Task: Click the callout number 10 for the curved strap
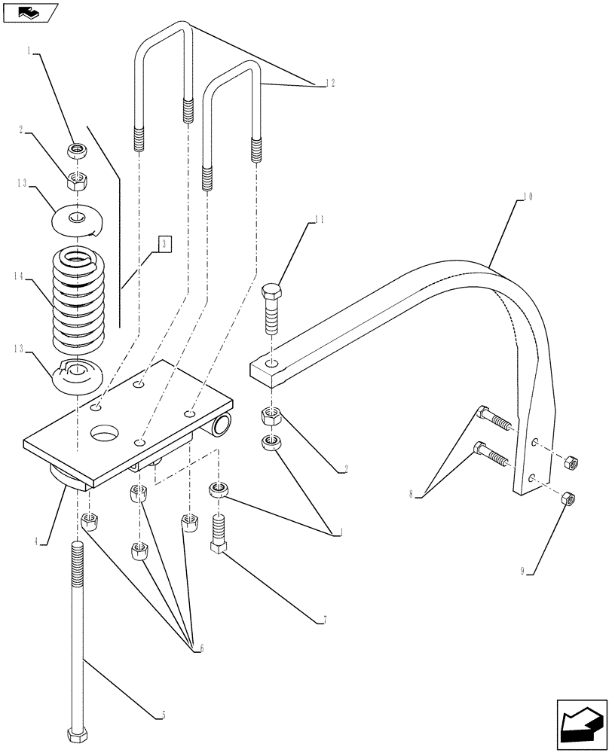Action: coord(527,197)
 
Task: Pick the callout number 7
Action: coord(324,620)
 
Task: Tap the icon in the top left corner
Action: coord(29,12)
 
